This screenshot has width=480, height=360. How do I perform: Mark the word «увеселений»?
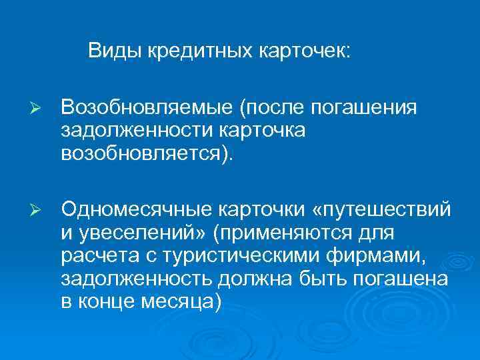tap(141, 235)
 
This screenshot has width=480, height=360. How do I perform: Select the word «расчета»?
tap(93, 257)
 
